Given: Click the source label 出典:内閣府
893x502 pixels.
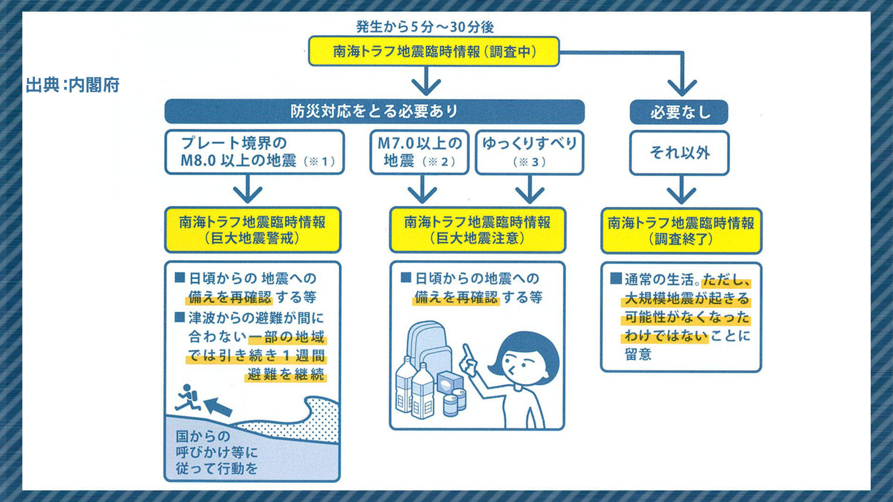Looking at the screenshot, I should [73, 85].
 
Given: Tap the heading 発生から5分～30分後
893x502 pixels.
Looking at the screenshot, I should [425, 27].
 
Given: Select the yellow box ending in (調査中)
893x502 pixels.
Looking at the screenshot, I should [434, 52].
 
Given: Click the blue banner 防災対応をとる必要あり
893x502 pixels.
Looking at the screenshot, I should [374, 112].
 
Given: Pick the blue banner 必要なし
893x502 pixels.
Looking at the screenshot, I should [679, 112].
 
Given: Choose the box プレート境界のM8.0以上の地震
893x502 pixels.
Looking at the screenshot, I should [254, 152].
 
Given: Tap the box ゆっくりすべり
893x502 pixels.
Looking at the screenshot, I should [529, 152].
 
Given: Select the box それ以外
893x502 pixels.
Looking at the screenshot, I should [680, 153].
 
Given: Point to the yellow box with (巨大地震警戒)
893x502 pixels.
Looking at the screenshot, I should [253, 230].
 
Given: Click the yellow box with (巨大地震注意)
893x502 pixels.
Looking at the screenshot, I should [477, 230].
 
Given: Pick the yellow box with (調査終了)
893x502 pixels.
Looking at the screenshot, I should [681, 231].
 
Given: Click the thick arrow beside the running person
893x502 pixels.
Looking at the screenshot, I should [218, 406].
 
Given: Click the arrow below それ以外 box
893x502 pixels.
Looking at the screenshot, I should [681, 191].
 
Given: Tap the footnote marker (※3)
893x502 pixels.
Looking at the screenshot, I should [529, 162].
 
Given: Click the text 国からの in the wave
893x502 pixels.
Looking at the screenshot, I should [203, 436].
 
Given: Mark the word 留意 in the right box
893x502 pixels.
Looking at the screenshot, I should [638, 354].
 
